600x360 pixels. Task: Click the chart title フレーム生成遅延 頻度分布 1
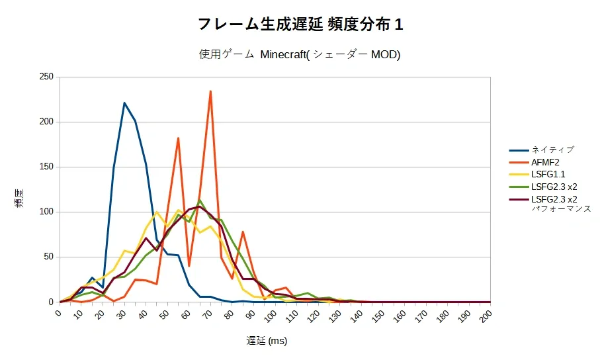tap(300, 24)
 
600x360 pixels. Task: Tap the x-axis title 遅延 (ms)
tap(267, 340)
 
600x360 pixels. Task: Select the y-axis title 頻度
tap(20, 198)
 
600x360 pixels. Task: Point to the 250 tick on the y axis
tap(46, 77)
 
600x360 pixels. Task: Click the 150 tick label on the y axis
tap(46, 167)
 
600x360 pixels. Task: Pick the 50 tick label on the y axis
tap(48, 257)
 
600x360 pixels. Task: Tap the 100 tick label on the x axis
tap(271, 316)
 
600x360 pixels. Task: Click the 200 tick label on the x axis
tap(486, 316)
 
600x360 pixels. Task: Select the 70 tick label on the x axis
tap(208, 315)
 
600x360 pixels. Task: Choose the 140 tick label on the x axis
tap(357, 316)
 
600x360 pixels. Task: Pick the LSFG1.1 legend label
tap(537, 175)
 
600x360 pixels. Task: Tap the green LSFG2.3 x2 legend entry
tap(543, 187)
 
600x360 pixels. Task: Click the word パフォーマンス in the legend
tap(562, 208)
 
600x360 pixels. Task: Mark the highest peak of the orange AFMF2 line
tap(210, 91)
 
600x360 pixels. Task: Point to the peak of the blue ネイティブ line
tap(124, 103)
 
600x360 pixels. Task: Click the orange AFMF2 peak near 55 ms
tap(179, 138)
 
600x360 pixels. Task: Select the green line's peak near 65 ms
tap(200, 200)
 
